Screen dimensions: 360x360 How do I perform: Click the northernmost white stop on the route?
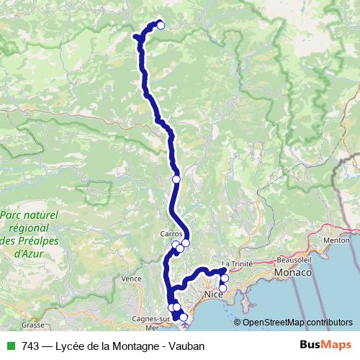click(161, 25)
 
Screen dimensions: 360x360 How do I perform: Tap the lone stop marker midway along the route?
click(176, 179)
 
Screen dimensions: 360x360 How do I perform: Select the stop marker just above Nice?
click(225, 279)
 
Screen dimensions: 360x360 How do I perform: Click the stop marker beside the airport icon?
click(183, 317)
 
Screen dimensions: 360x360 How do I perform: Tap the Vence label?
click(131, 278)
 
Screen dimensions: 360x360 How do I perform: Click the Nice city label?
click(213, 296)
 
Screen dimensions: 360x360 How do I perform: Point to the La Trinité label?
click(238, 264)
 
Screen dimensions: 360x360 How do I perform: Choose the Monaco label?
click(292, 274)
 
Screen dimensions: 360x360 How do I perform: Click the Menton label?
click(336, 240)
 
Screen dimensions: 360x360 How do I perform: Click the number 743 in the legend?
click(30, 346)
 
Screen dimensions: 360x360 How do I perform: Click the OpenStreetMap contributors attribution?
click(297, 323)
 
